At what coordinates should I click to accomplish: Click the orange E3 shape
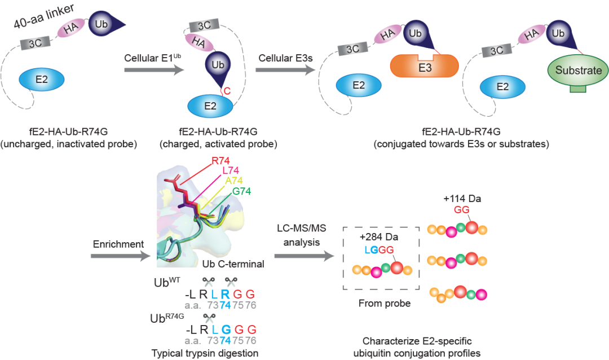click(x=425, y=65)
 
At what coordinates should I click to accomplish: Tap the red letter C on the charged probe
click(x=227, y=91)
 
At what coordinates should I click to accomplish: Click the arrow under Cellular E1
click(x=154, y=70)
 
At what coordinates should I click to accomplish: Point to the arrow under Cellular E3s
click(x=285, y=70)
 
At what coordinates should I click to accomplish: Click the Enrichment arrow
click(x=121, y=256)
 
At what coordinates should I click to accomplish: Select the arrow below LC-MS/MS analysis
click(x=304, y=256)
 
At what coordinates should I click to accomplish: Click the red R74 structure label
click(x=220, y=161)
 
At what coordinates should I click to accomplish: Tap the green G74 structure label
click(x=241, y=191)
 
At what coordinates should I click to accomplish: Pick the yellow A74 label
click(x=234, y=181)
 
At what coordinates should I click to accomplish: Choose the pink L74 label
click(x=231, y=170)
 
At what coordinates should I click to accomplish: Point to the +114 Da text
click(x=462, y=199)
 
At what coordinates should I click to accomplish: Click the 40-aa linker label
click(x=43, y=16)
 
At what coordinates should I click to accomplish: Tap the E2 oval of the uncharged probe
click(x=42, y=80)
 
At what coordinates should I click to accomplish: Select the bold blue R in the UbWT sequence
click(x=225, y=294)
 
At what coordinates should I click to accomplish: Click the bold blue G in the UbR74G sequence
click(x=226, y=330)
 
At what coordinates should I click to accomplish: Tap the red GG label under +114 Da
click(x=462, y=210)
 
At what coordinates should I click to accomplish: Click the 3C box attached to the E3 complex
click(x=352, y=49)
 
